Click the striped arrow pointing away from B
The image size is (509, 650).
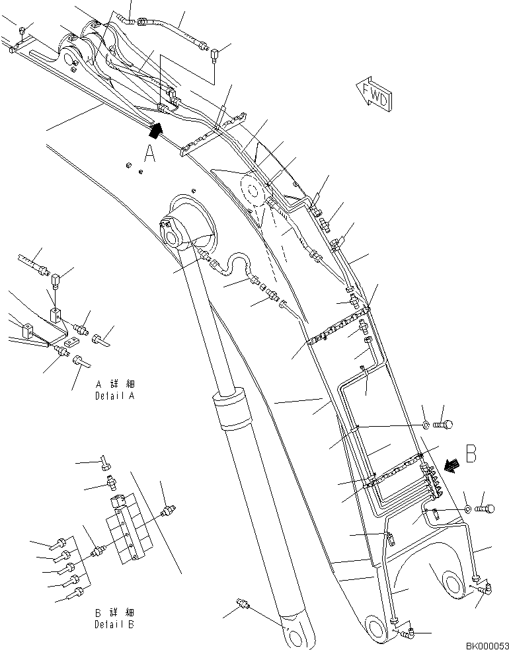(x=453, y=466)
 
